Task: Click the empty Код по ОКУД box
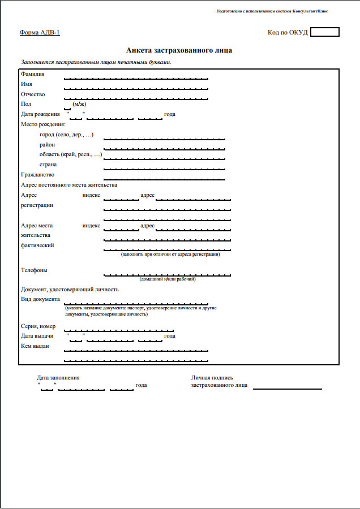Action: pyautogui.click(x=325, y=32)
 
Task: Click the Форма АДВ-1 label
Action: pyautogui.click(x=40, y=32)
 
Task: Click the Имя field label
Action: pyautogui.click(x=27, y=84)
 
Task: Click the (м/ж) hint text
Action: pyautogui.click(x=79, y=104)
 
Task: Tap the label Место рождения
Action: pyautogui.click(x=43, y=124)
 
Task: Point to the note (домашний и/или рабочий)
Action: pyautogui.click(x=168, y=279)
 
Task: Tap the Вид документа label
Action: pyautogui.click(x=40, y=299)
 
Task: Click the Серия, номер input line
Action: pyautogui.click(x=119, y=329)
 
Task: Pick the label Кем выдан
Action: pyautogui.click(x=35, y=346)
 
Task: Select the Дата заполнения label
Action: pyautogui.click(x=58, y=377)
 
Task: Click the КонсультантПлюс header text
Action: pyautogui.click(x=272, y=11)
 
